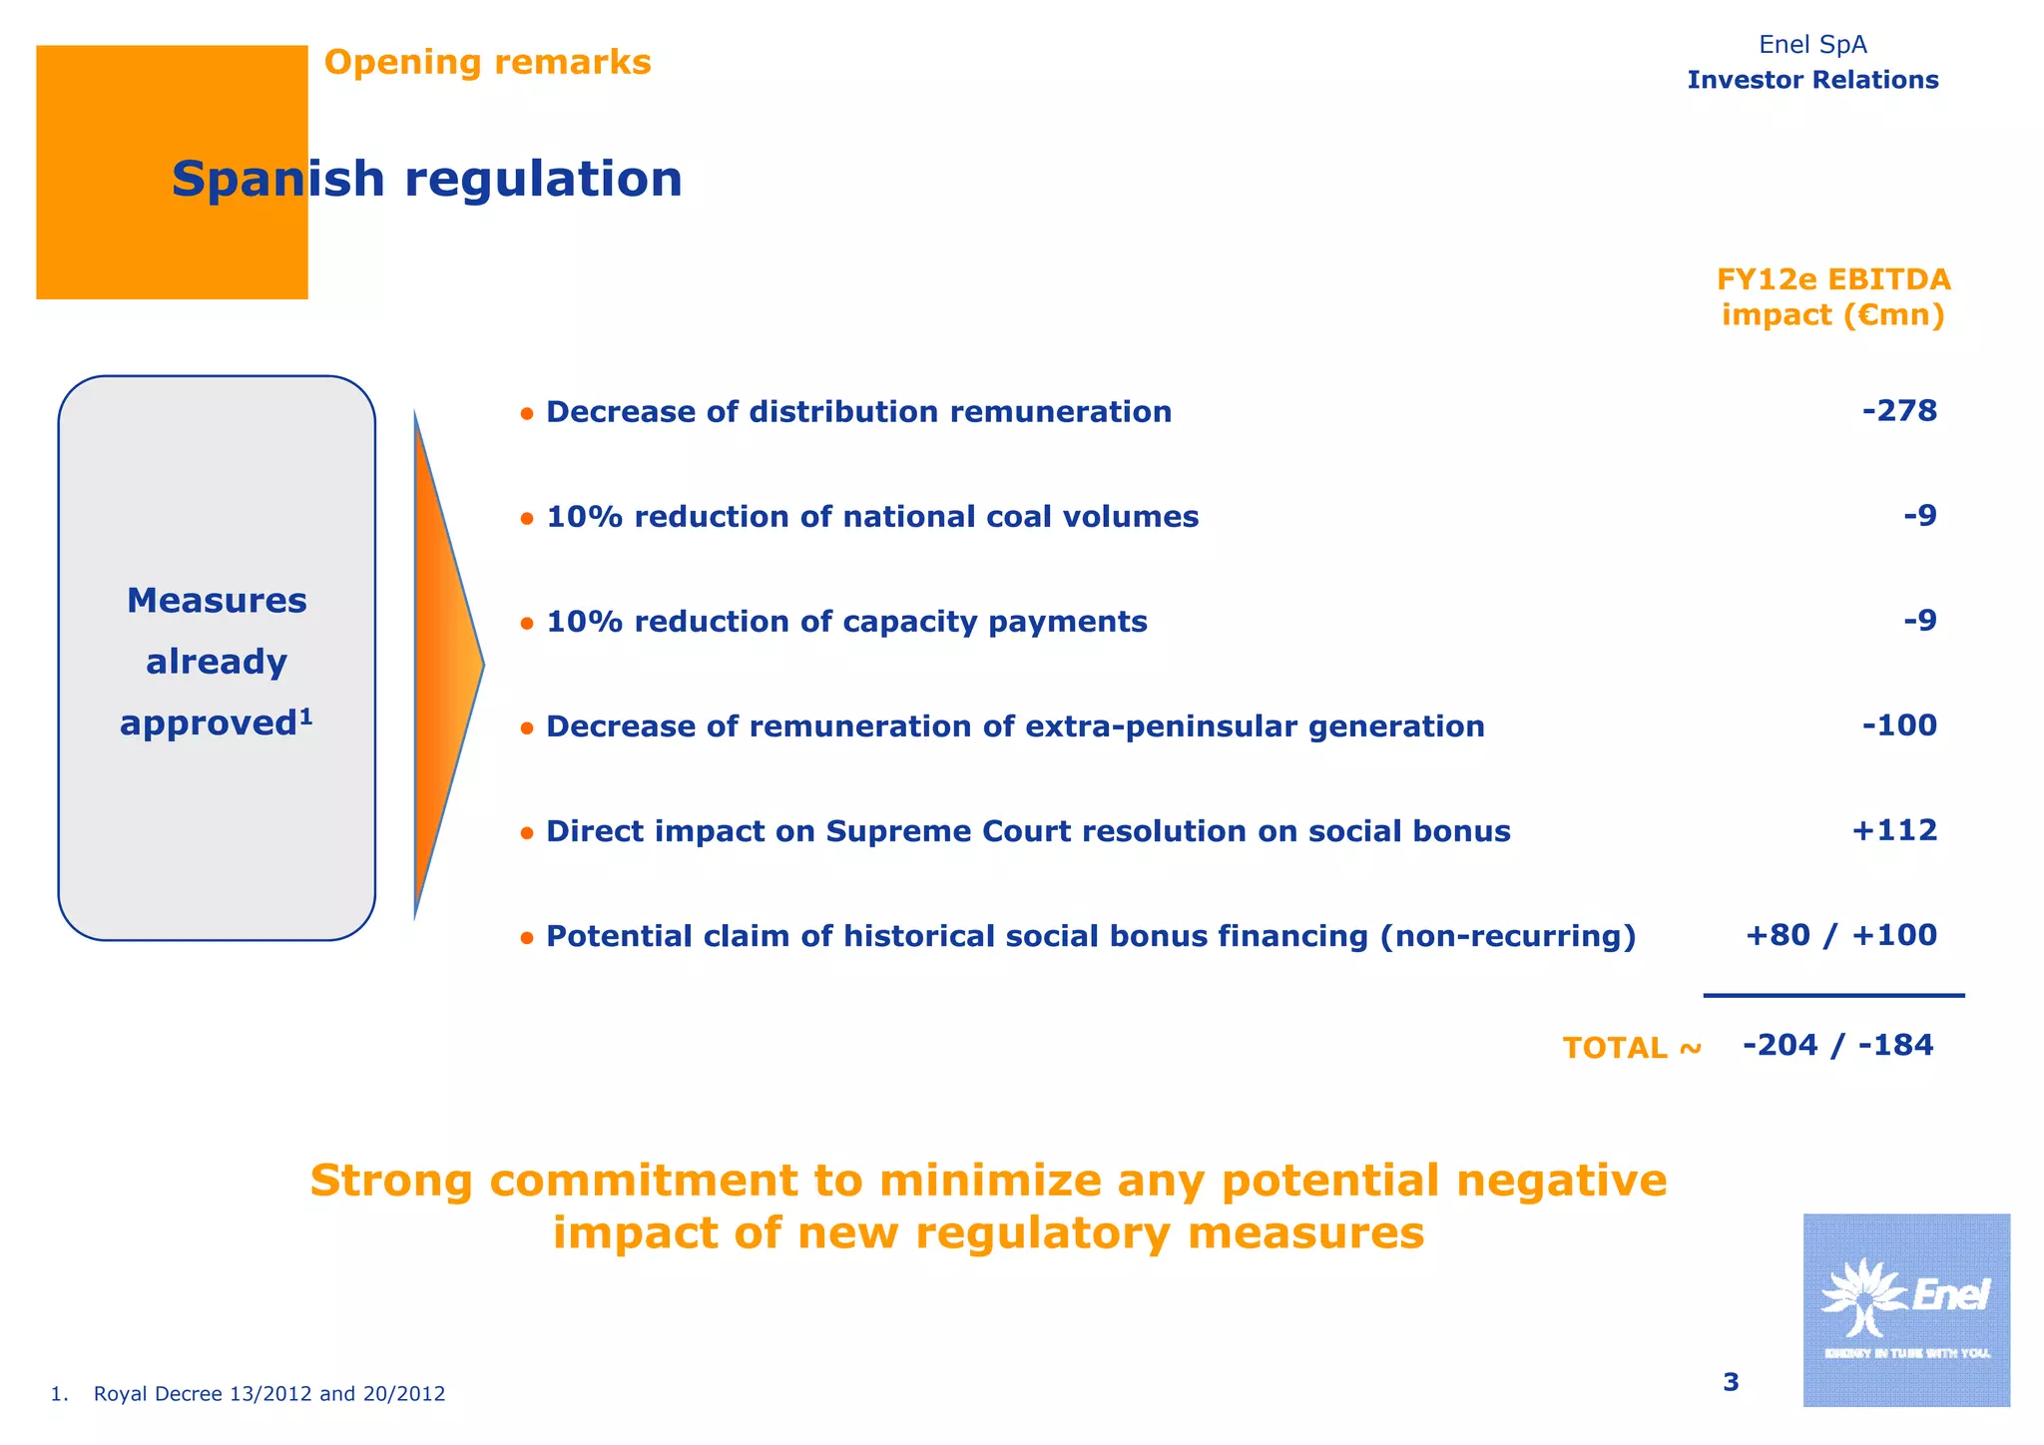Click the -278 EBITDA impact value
[x=1899, y=411]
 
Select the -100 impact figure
[x=1899, y=725]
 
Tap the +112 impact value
[x=1893, y=830]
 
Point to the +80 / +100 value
[x=1840, y=935]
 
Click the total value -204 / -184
[x=1837, y=1045]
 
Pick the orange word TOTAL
[x=1615, y=1048]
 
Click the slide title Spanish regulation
[x=427, y=180]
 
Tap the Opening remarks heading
[x=487, y=62]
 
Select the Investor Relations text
[x=1812, y=80]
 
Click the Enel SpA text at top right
[x=1812, y=45]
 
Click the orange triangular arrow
[x=443, y=664]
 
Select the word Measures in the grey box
[x=217, y=601]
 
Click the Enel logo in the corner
[x=1905, y=1309]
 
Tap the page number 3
[x=1731, y=1382]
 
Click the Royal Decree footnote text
[x=268, y=1394]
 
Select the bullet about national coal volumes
[x=871, y=517]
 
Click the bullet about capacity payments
[x=846, y=622]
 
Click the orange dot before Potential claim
[x=527, y=938]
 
